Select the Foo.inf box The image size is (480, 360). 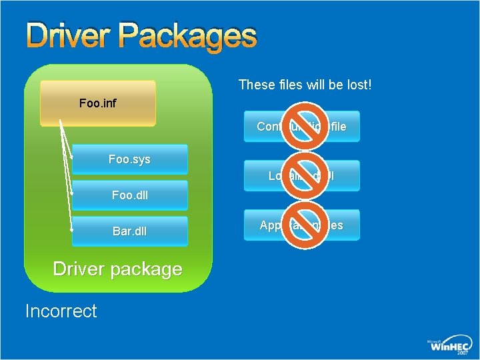[x=97, y=103]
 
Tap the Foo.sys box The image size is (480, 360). [x=129, y=159]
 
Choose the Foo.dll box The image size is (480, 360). [x=129, y=195]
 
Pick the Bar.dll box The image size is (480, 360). [x=129, y=231]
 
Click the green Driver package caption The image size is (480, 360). [x=117, y=269]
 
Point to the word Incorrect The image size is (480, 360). [x=61, y=311]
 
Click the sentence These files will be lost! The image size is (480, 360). [x=305, y=85]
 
